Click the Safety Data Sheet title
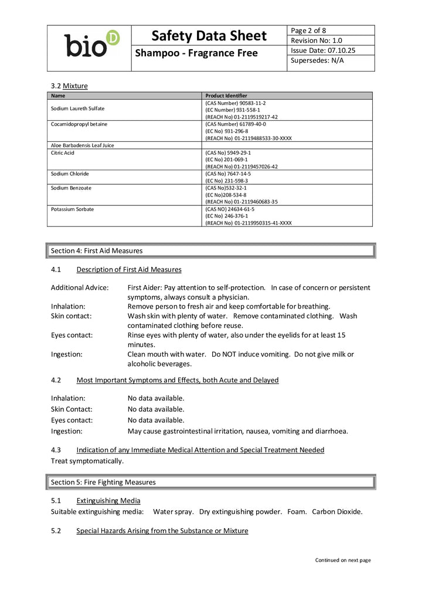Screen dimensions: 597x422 coord(209,36)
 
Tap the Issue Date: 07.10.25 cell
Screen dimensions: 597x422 coord(323,50)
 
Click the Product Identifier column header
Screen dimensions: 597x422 coord(226,96)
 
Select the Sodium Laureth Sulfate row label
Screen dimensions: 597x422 coord(78,109)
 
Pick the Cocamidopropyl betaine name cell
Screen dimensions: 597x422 coord(79,124)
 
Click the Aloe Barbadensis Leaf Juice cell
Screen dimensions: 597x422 coord(83,145)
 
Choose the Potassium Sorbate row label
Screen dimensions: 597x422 coord(73,209)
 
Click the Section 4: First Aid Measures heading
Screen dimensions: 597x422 coord(97,250)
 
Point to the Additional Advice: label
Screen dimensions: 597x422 coord(80,287)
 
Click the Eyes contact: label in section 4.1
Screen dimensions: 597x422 coord(72,335)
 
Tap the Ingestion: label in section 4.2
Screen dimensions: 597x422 coord(66,431)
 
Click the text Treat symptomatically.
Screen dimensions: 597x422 coord(87,461)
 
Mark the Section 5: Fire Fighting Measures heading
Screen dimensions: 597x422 coord(103,482)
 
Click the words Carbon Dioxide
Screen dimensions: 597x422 coord(337,511)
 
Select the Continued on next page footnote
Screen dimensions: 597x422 coord(343,560)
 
